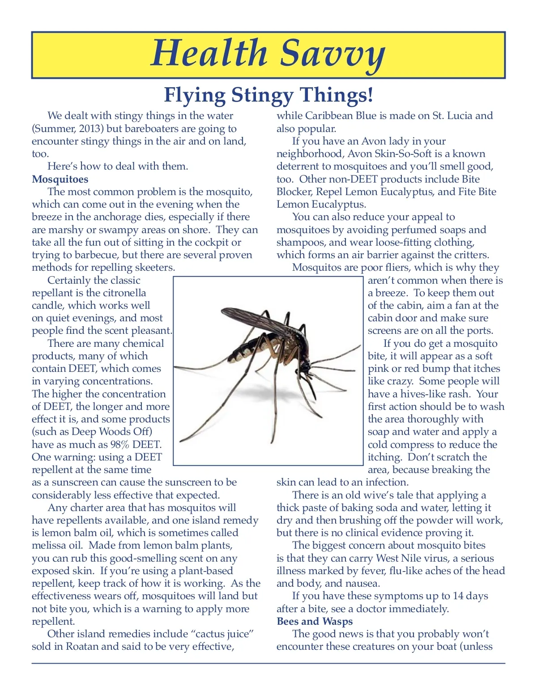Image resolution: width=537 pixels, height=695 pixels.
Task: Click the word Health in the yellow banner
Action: coord(209,53)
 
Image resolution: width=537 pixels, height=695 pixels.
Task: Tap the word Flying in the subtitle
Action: coord(195,95)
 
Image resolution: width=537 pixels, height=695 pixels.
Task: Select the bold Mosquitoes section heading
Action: coord(60,179)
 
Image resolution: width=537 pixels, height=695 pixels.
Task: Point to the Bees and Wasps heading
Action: coord(315,622)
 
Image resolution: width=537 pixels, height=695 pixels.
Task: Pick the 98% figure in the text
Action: coord(120,445)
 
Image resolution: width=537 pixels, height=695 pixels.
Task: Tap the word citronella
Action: coord(124,293)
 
